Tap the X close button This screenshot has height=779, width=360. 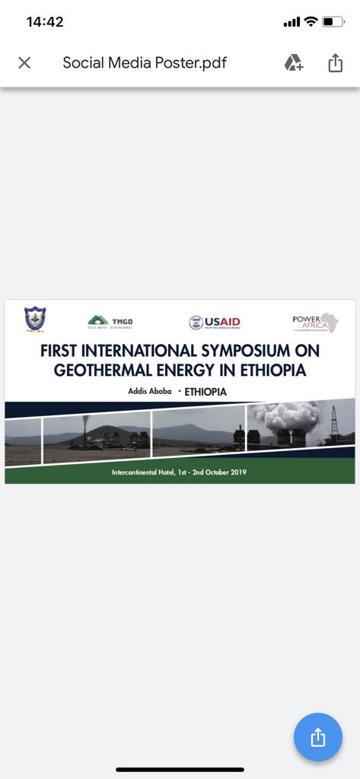(24, 62)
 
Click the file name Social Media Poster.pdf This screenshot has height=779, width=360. (145, 62)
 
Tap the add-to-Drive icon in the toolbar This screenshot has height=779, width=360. (294, 62)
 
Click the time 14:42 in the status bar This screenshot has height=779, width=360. (45, 22)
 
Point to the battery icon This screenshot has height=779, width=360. (333, 22)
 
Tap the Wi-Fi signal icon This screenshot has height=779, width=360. (311, 22)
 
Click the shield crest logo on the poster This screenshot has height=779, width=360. (35, 319)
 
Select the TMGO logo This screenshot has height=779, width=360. (110, 322)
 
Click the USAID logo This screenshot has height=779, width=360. (215, 323)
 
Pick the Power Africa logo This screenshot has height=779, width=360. (315, 322)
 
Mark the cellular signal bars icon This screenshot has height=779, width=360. (292, 22)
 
